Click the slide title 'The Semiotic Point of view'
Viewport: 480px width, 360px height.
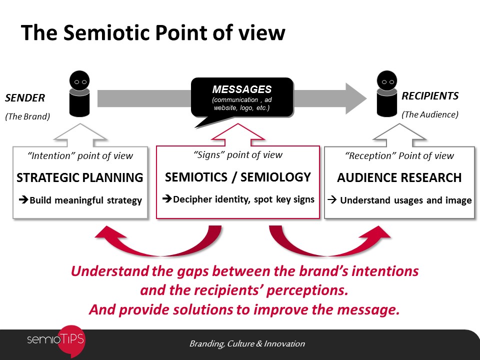click(153, 33)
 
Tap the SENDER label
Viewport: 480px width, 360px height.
click(25, 97)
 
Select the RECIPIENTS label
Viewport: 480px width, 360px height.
click(430, 96)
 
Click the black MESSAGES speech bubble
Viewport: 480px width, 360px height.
click(242, 98)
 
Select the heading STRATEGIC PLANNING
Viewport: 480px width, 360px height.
click(80, 178)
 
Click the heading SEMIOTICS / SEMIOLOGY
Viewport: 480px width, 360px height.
click(238, 177)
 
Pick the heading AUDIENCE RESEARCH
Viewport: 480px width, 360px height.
click(399, 178)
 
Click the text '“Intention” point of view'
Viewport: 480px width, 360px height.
click(80, 156)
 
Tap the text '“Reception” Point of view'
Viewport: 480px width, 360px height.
click(399, 156)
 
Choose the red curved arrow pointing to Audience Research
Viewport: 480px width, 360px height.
click(325, 243)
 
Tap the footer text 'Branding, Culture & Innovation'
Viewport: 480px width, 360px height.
click(247, 343)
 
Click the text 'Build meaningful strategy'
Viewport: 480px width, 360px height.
click(85, 200)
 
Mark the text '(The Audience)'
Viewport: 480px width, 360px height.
click(430, 114)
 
